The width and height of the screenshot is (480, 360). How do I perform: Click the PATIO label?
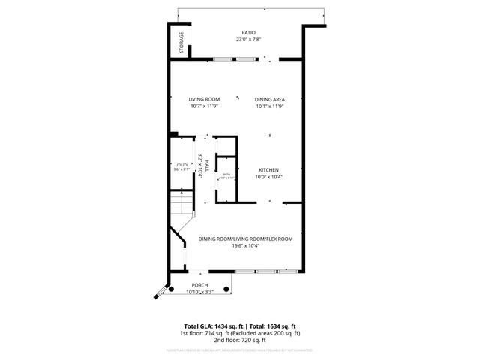pos(248,33)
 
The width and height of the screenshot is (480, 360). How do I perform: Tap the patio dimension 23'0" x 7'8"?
pos(248,40)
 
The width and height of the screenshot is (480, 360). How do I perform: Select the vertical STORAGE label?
pos(181,43)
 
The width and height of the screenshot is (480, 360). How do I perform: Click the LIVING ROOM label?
pos(203,99)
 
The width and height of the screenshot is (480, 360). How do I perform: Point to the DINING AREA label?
pos(269,99)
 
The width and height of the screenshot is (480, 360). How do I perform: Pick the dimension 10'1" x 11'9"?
pos(269,106)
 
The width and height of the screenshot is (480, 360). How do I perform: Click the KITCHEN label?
pos(269,169)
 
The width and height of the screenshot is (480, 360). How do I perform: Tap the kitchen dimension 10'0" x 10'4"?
pos(269,177)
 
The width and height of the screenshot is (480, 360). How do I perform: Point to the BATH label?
pos(226,174)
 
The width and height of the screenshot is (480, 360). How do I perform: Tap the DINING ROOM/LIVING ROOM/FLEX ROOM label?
pos(245,238)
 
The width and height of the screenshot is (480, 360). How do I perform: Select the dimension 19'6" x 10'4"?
pos(245,246)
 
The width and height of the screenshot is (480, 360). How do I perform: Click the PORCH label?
pos(199,285)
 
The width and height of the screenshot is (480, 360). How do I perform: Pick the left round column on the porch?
pos(172,289)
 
